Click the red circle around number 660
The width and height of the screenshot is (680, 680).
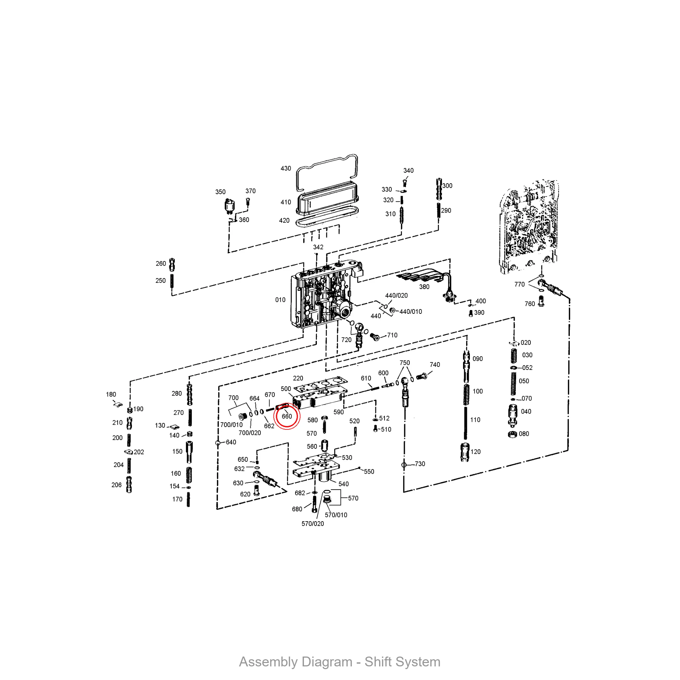287,417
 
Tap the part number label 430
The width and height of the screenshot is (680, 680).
286,169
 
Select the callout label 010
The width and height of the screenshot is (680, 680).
280,300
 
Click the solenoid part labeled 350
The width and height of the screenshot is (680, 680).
230,206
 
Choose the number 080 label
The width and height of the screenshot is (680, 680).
524,434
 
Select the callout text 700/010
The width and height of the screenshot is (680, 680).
232,425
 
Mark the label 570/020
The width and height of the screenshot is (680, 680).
313,524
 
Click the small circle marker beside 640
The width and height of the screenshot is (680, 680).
218,443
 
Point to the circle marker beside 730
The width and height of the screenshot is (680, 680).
404,465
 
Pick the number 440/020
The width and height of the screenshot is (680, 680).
397,296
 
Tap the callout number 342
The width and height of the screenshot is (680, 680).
318,248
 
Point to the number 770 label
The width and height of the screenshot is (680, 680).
520,284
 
